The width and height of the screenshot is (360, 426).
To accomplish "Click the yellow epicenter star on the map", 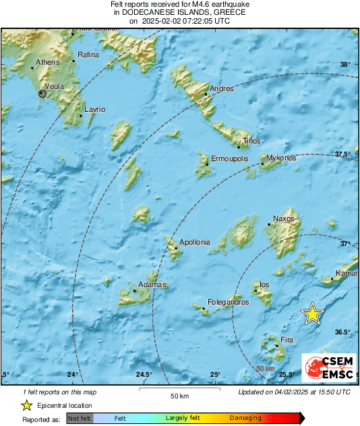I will [x=312, y=314].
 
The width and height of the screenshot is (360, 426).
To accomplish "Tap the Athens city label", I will [x=48, y=62].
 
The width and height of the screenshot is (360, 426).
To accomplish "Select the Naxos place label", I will [x=282, y=219].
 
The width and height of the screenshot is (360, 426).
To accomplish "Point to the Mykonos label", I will [x=281, y=158].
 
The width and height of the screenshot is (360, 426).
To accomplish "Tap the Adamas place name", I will [x=152, y=285].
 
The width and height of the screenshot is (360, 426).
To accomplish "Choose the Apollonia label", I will [x=194, y=242].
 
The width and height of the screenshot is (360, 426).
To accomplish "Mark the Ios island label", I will [x=264, y=284].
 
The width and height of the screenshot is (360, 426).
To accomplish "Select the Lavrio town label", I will [x=94, y=109].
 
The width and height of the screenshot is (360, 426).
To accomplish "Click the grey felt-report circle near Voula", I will [x=42, y=95].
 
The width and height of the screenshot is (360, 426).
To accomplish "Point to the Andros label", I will [x=222, y=88].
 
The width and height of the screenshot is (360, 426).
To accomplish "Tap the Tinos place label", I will [x=251, y=141].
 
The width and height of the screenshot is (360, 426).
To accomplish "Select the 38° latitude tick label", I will [x=345, y=65].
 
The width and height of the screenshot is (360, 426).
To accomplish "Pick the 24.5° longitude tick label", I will [x=142, y=375].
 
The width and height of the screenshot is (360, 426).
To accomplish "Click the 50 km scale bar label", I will [x=178, y=395].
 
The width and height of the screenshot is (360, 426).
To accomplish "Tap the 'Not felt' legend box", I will [x=80, y=419].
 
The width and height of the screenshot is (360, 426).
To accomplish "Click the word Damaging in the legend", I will [x=245, y=419].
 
